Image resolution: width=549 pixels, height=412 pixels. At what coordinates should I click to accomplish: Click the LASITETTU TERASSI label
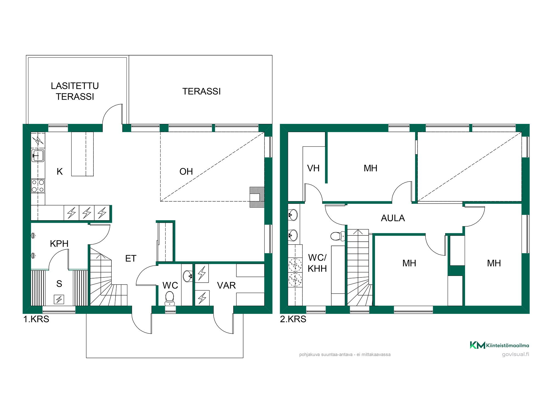pyautogui.click(x=75, y=91)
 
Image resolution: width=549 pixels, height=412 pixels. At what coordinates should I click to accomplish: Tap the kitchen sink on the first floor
pyautogui.click(x=38, y=156)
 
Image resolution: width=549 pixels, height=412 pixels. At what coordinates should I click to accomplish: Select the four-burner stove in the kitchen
pyautogui.click(x=38, y=186)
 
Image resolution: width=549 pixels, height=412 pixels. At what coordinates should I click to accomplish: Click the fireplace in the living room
pyautogui.click(x=257, y=197)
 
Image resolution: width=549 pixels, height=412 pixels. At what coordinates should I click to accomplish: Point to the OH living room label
pyautogui.click(x=186, y=171)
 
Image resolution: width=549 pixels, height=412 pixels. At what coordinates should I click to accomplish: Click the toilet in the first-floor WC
pyautogui.click(x=170, y=298)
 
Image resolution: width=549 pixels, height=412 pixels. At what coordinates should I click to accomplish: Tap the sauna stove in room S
pyautogui.click(x=59, y=299)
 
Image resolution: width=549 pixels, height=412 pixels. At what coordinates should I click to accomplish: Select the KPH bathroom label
pyautogui.click(x=59, y=244)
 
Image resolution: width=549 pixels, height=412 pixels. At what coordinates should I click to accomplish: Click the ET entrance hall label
pyautogui.click(x=131, y=258)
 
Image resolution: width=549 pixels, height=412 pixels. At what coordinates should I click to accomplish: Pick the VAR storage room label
pyautogui.click(x=226, y=285)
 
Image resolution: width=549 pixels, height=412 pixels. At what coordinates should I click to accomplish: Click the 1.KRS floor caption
pyautogui.click(x=36, y=319)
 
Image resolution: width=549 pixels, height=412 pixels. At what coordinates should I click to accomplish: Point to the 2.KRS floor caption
pyautogui.click(x=293, y=319)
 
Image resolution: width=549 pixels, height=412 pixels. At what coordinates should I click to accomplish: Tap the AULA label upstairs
pyautogui.click(x=393, y=218)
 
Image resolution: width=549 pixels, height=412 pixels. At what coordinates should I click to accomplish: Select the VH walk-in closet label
pyautogui.click(x=313, y=168)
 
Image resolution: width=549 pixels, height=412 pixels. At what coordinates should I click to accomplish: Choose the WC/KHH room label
pyautogui.click(x=317, y=263)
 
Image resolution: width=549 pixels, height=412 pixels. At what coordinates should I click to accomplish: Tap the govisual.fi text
pyautogui.click(x=516, y=354)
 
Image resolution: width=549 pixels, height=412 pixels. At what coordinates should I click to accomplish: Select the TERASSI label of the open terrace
pyautogui.click(x=201, y=91)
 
